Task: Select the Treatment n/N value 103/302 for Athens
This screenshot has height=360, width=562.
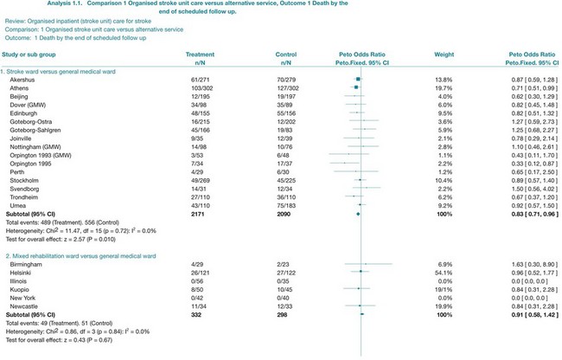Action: [201, 87]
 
